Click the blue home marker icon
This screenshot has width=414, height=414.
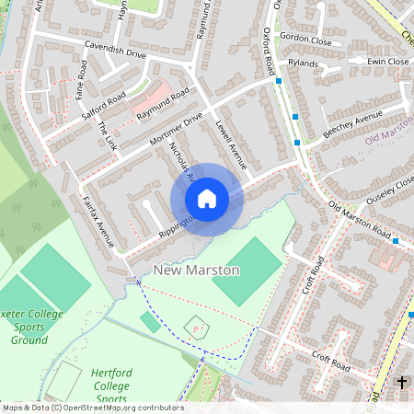[x=207, y=199]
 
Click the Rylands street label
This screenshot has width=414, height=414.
[x=303, y=64]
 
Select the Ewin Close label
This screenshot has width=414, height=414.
[x=388, y=62]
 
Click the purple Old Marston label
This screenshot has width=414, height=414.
[x=388, y=139]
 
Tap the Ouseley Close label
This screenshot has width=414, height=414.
[x=390, y=186]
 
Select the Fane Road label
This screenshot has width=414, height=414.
[x=82, y=75]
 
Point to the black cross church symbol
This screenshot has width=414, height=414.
[x=401, y=382]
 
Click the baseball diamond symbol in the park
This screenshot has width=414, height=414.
[x=195, y=325]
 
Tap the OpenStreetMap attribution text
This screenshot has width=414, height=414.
[x=92, y=408]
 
